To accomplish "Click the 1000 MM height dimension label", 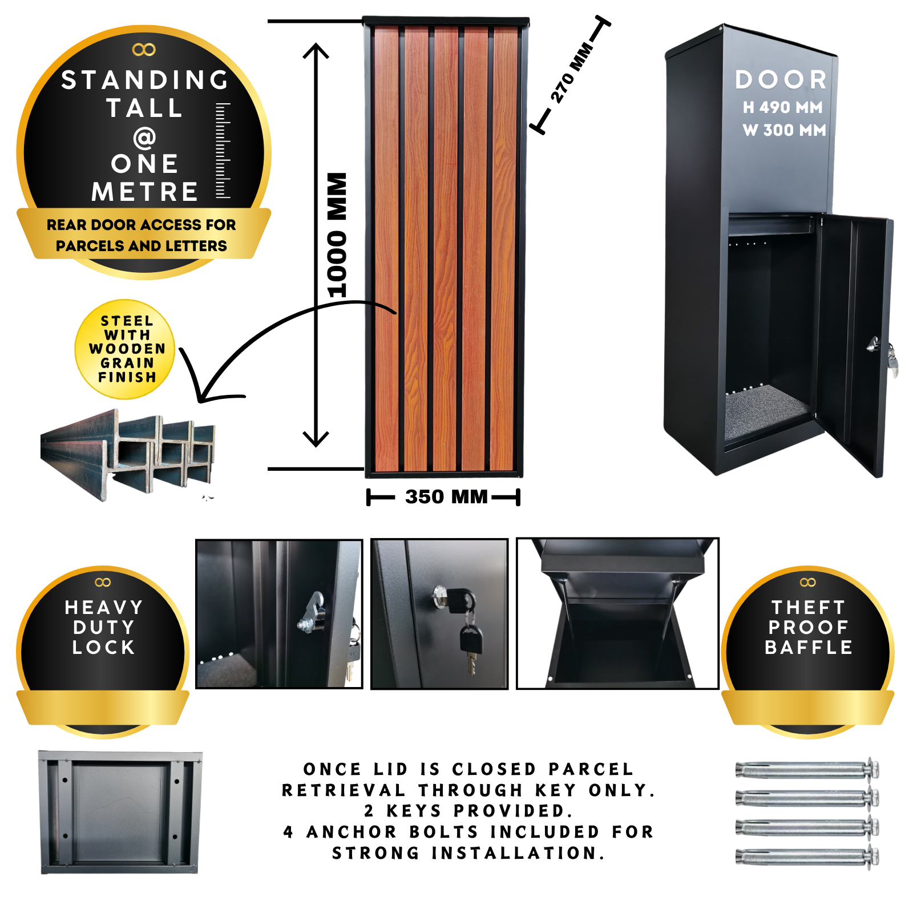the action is click(x=337, y=235).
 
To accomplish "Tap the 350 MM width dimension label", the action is click(x=446, y=496).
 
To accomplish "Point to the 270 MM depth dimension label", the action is click(x=571, y=72).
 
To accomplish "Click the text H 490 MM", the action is click(x=782, y=107).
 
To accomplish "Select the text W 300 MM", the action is click(x=784, y=130).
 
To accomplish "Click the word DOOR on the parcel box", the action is click(x=781, y=80).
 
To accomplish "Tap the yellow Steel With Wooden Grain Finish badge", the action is click(x=125, y=349).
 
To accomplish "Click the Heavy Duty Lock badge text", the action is click(x=103, y=627).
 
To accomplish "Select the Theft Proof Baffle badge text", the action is click(x=808, y=627).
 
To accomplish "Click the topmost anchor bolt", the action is click(x=807, y=769).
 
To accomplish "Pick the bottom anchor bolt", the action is click(x=807, y=856).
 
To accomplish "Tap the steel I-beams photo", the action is click(x=128, y=455).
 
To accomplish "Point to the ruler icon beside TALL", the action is click(x=223, y=151).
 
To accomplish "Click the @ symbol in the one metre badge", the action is click(x=144, y=137).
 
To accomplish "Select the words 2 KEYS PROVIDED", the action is click(x=468, y=810).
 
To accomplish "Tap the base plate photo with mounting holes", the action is click(x=120, y=812).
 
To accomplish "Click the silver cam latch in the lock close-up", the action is click(x=312, y=613).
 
